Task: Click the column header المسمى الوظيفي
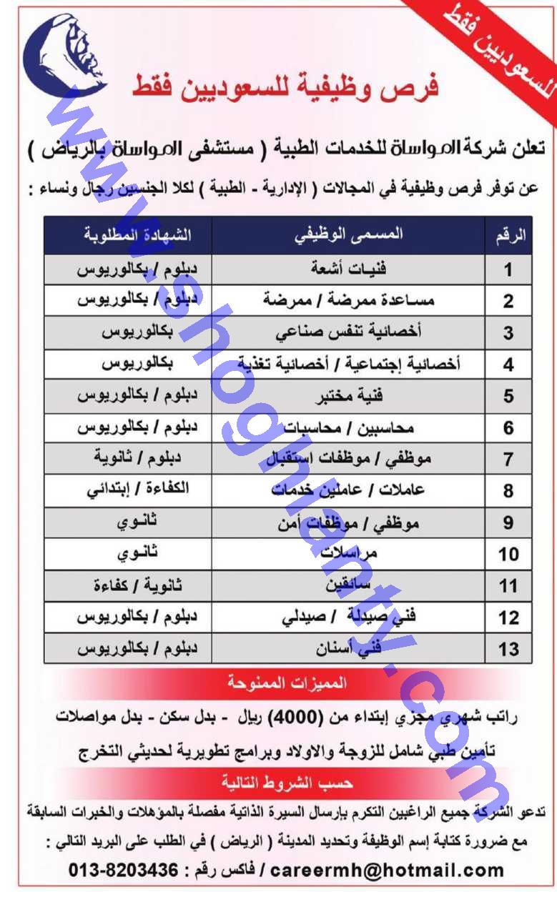[x=348, y=235]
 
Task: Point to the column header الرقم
[x=510, y=237]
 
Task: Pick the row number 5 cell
[x=508, y=396]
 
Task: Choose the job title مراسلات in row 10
[x=348, y=553]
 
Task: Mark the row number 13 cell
[x=508, y=648]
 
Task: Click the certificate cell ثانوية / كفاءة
[x=137, y=585]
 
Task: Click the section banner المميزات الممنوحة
[x=286, y=684]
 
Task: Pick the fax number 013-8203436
[x=123, y=871]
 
